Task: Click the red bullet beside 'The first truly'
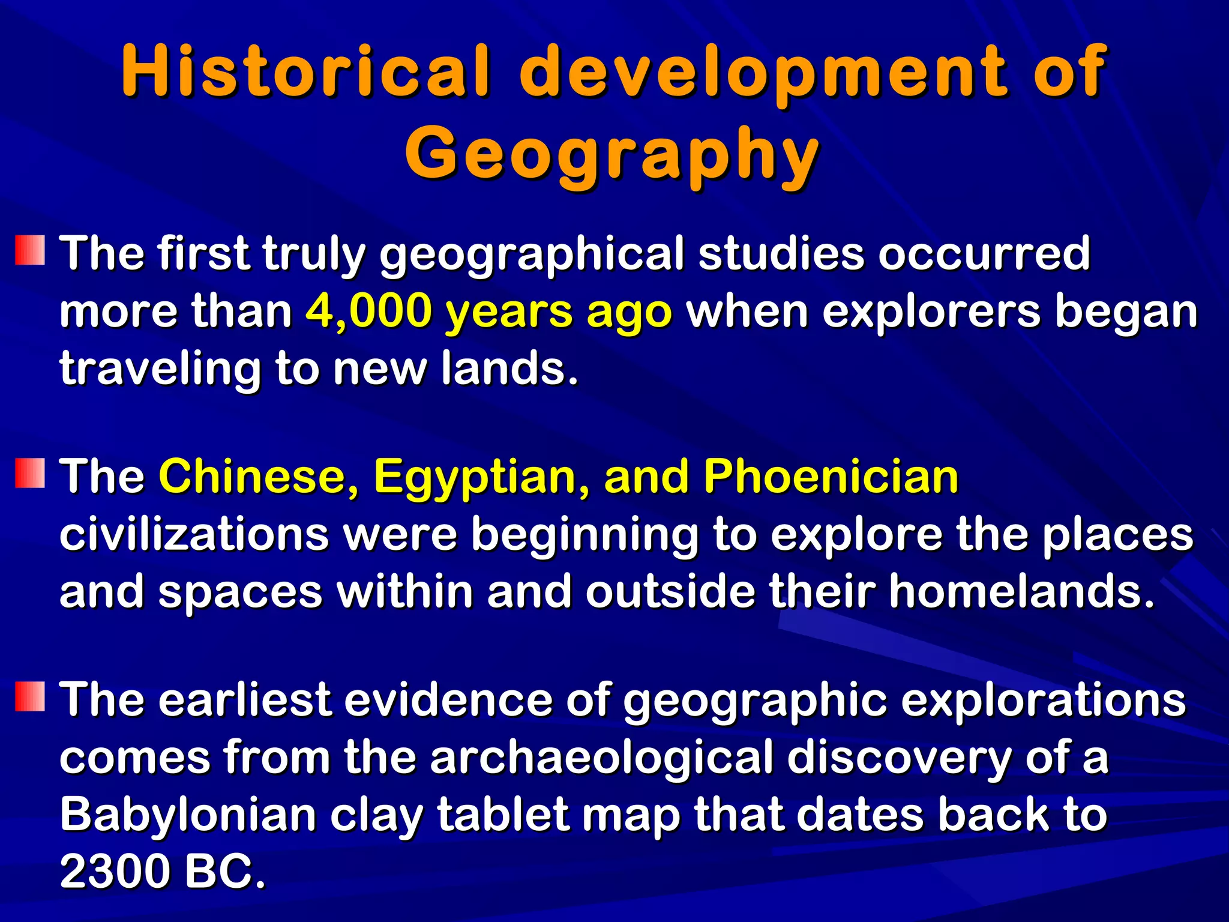[x=30, y=250]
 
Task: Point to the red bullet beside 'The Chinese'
[x=30, y=474]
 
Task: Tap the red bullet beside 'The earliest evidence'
[x=30, y=697]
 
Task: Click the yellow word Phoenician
[x=831, y=477]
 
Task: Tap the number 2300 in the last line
[x=115, y=872]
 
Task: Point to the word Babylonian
[x=188, y=815]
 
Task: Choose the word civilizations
[x=194, y=534]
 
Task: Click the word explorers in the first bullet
[x=931, y=312]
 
